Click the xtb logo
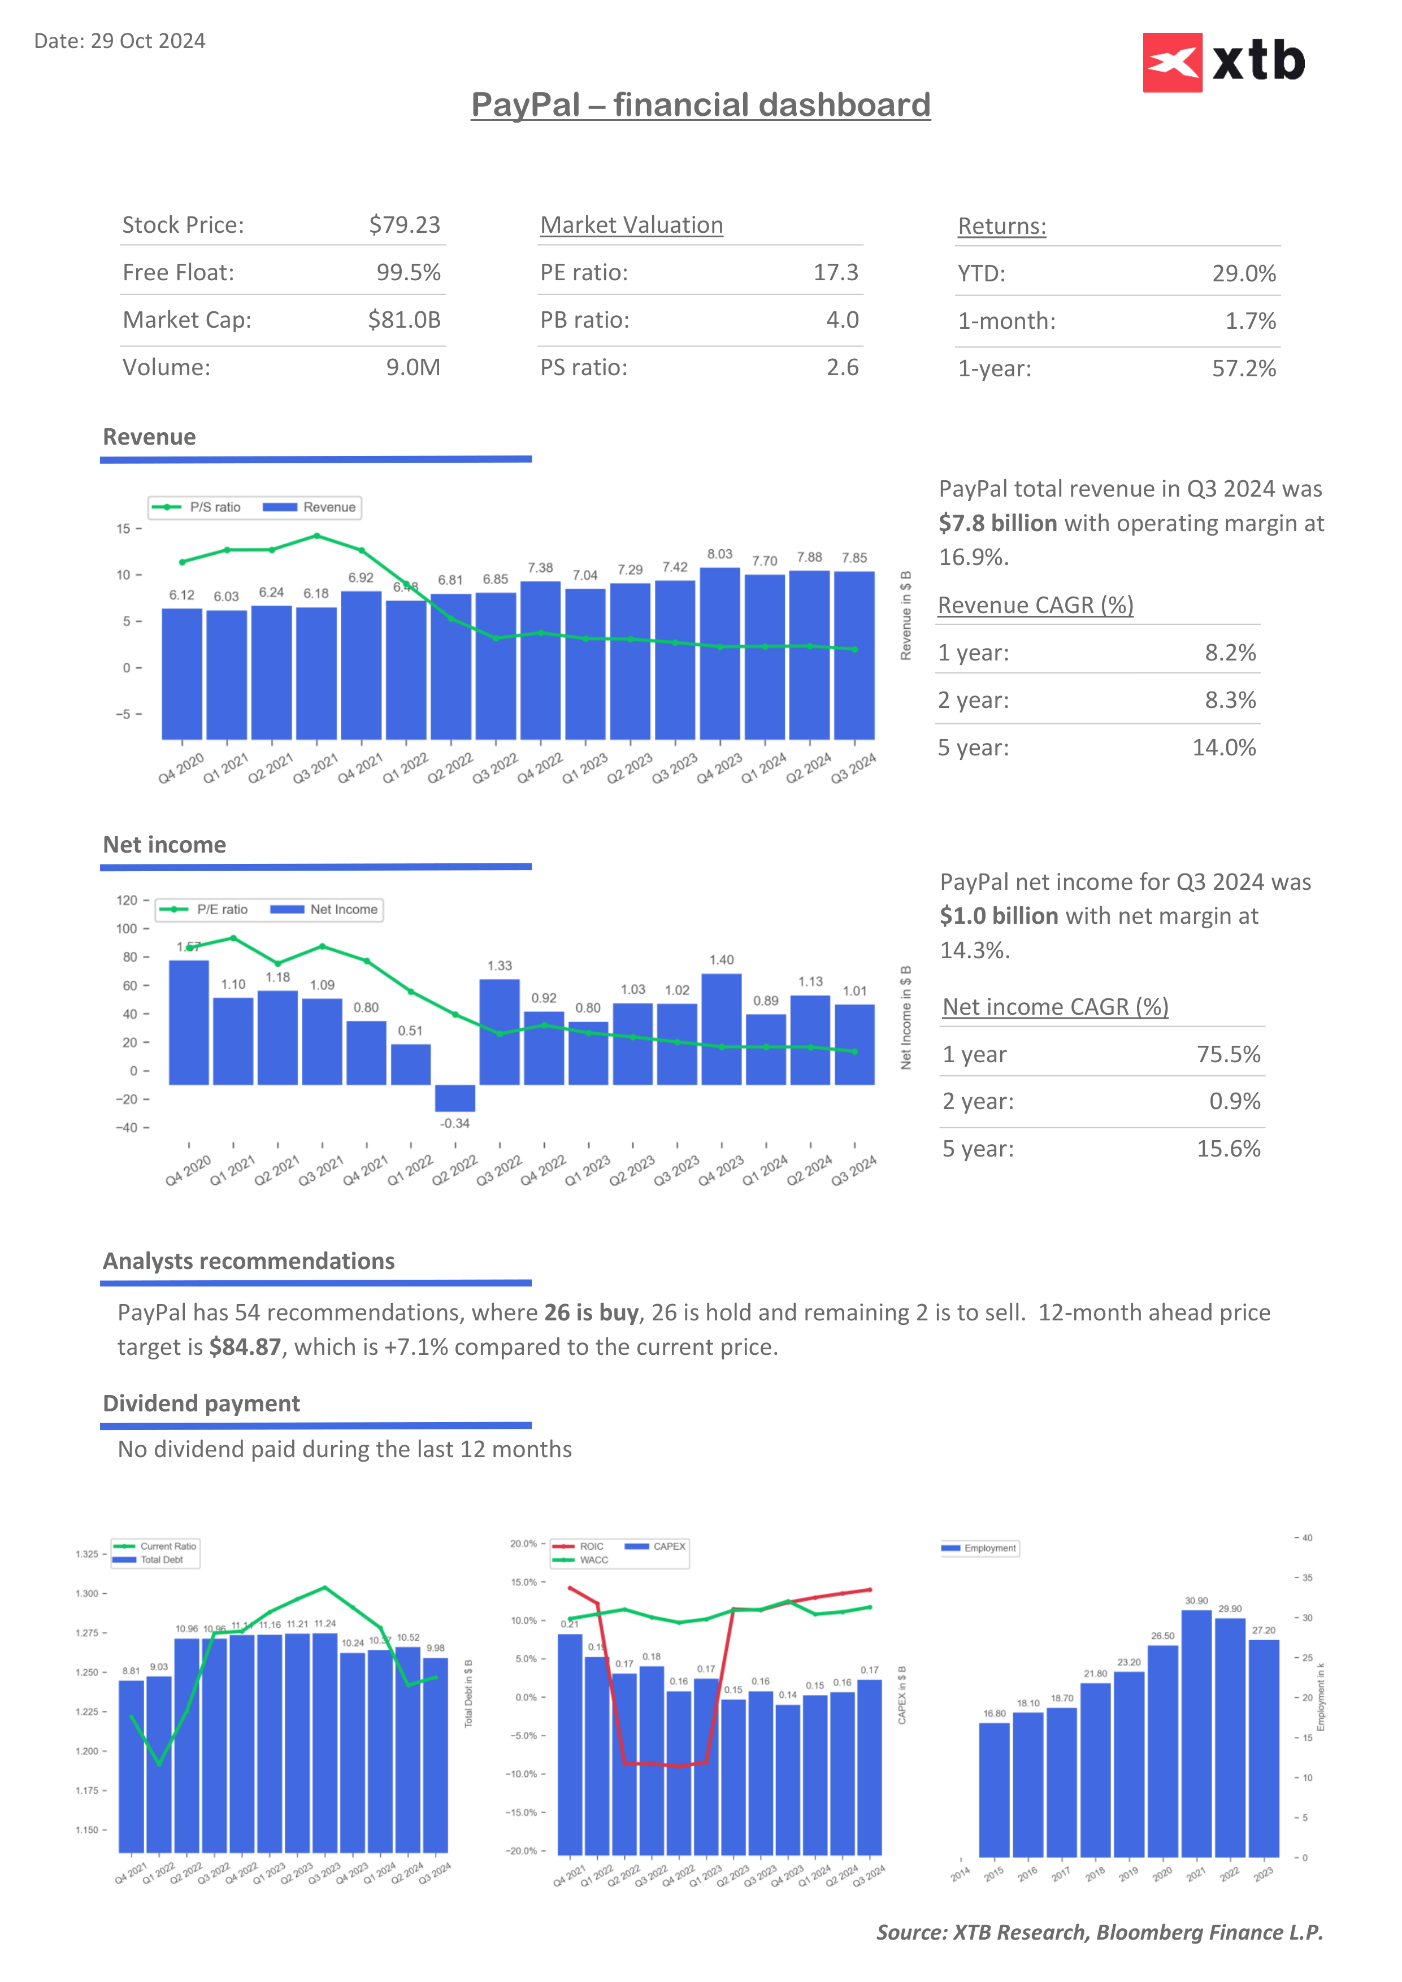(1223, 62)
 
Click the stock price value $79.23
(404, 225)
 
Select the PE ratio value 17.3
(836, 273)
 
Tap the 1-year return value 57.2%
(1243, 368)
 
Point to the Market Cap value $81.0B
(404, 320)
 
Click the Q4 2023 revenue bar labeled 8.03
(720, 654)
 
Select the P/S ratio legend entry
(197, 507)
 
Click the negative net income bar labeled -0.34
(455, 1098)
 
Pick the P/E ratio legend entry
(204, 909)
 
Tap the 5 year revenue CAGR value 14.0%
(1224, 747)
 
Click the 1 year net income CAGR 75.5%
(1229, 1054)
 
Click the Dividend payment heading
(201, 1403)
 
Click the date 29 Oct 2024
(147, 41)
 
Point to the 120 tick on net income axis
(127, 901)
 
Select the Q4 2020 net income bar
(189, 1022)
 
